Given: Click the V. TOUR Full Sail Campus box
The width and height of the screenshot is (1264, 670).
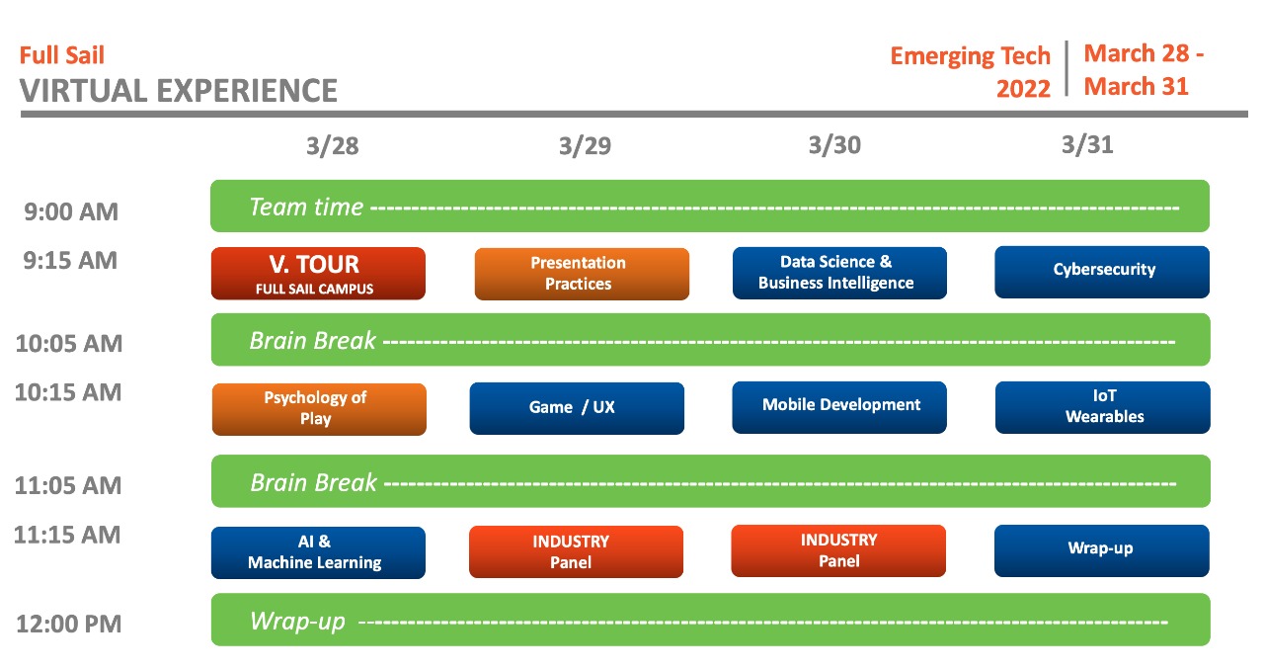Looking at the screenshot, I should click(x=318, y=273).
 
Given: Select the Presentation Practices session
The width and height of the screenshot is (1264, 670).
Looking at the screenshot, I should click(x=582, y=274).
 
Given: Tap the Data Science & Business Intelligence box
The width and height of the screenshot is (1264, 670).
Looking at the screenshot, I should click(x=839, y=273).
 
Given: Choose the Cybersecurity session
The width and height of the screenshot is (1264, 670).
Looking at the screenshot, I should click(x=1102, y=271).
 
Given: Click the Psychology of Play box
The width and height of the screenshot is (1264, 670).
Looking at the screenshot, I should click(x=319, y=408).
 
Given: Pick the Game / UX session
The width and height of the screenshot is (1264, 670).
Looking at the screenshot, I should click(x=577, y=407).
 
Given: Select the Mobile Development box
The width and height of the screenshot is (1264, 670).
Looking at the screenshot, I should click(x=839, y=406).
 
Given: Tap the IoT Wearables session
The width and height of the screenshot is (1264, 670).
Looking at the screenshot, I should click(x=1102, y=406).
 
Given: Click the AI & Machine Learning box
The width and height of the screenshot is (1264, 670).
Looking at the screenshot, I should click(x=318, y=551).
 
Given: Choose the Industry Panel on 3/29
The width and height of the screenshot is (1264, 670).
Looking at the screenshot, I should click(x=576, y=551).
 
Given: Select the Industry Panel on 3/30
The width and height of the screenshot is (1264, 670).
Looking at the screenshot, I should click(x=838, y=550).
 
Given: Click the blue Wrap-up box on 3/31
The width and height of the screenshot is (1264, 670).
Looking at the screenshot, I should click(x=1101, y=549).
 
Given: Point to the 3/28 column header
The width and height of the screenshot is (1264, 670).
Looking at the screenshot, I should click(x=333, y=146).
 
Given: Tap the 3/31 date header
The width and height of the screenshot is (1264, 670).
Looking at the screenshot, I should click(x=1087, y=145).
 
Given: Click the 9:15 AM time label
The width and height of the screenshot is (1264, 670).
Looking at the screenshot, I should click(x=71, y=260).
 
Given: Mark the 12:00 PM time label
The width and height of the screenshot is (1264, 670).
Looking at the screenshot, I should click(x=68, y=625).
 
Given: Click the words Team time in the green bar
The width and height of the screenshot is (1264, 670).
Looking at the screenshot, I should click(x=306, y=207).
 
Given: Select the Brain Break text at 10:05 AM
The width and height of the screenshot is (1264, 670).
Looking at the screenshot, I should click(x=313, y=340).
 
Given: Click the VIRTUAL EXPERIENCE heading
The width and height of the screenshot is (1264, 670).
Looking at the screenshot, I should click(x=179, y=91).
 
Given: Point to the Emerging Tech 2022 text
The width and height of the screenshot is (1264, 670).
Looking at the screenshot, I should click(x=971, y=71).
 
